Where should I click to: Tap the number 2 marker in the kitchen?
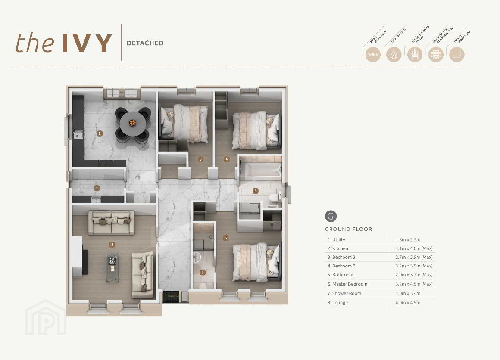[100, 133]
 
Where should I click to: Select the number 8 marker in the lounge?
[112, 245]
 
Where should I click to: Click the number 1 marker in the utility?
[97, 188]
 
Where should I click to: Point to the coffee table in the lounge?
[112, 267]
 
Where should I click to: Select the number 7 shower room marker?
[203, 272]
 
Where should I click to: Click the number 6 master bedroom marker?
[225, 238]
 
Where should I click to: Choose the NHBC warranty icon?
[373, 55]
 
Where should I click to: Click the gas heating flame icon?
[394, 55]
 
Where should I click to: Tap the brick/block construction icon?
[436, 55]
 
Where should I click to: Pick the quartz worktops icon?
[457, 55]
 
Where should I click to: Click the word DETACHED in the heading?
[145, 43]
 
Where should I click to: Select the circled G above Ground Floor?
[331, 216]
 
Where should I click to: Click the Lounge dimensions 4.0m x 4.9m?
[405, 303]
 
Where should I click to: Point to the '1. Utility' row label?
[336, 240]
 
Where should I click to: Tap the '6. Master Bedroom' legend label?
[347, 284]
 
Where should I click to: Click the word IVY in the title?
[87, 43]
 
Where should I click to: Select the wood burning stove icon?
[415, 55]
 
